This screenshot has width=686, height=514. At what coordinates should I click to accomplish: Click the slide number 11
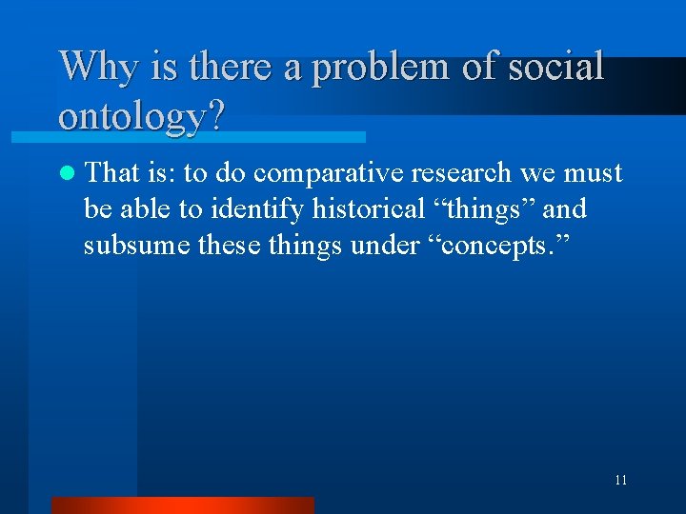620,481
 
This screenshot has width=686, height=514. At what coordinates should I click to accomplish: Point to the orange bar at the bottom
182,504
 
